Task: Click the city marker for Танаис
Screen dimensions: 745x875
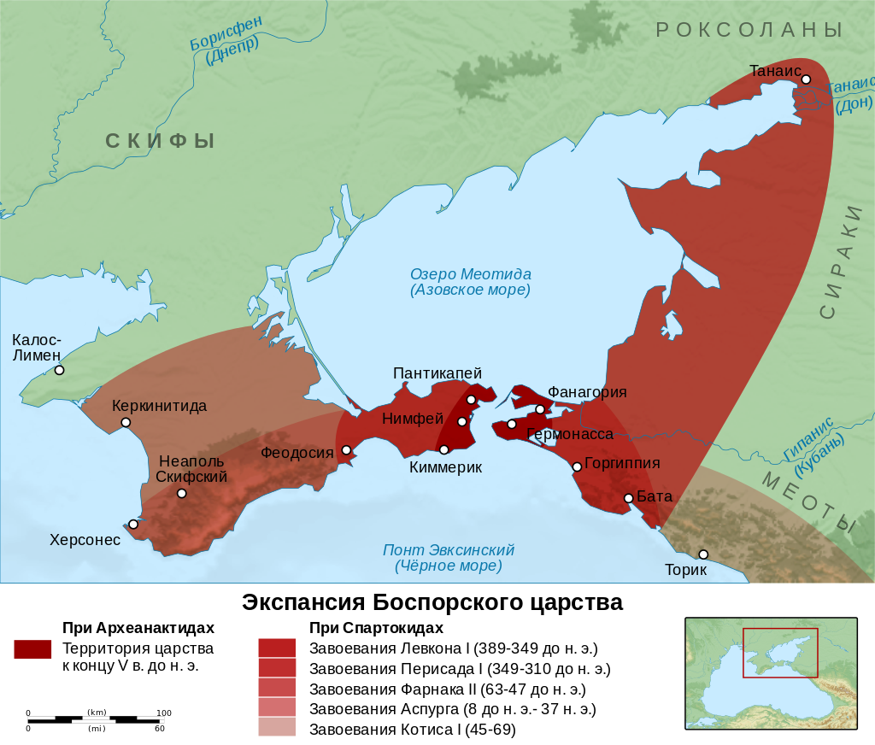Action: point(806,79)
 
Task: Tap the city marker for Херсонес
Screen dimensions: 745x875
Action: point(133,524)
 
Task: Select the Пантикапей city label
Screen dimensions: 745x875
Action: point(437,373)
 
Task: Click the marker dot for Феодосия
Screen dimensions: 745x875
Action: point(346,450)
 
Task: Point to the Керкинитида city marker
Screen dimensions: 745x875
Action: point(126,422)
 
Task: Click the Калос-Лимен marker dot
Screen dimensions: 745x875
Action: point(59,370)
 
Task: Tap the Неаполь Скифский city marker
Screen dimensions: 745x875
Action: point(181,493)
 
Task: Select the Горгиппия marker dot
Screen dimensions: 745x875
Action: point(577,466)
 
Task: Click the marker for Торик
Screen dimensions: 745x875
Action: point(703,554)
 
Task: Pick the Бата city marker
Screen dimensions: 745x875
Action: point(628,498)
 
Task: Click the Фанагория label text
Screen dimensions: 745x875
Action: point(587,392)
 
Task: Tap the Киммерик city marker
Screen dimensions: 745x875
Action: point(443,449)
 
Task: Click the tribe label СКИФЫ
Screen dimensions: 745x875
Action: point(160,141)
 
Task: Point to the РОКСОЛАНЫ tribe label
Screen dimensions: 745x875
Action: point(749,30)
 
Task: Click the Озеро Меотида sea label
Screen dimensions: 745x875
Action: point(470,282)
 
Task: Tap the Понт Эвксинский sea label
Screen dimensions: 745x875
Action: point(448,558)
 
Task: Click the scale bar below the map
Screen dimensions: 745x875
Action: point(96,719)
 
